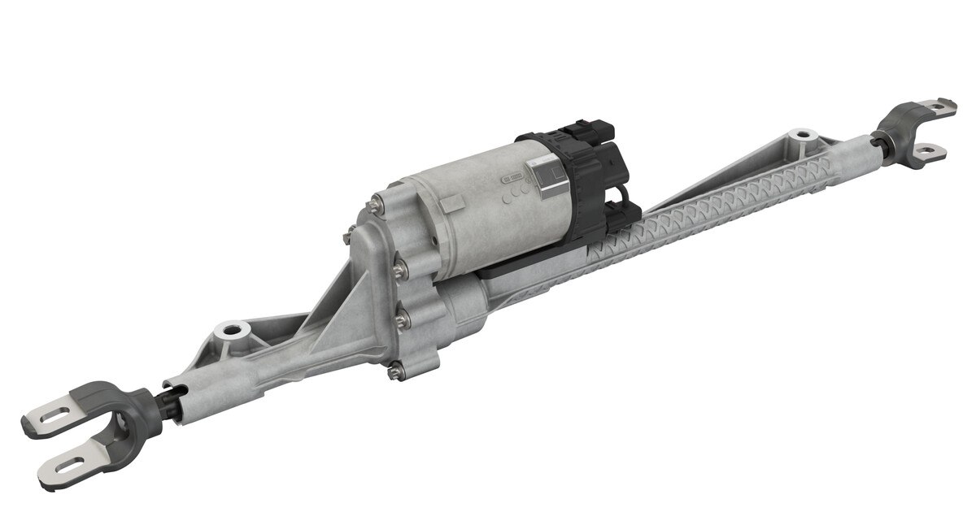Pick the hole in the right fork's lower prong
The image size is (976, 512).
929,149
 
